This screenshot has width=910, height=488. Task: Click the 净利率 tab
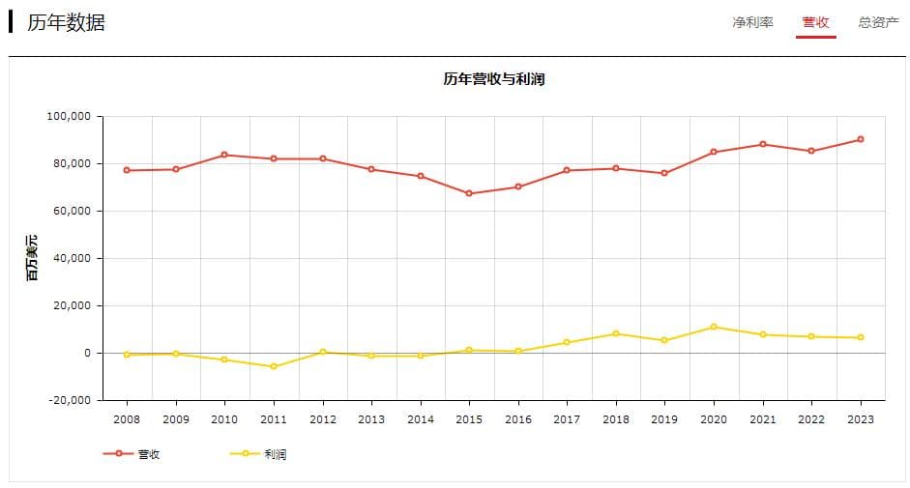coord(752,22)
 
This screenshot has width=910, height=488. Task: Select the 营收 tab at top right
coord(815,22)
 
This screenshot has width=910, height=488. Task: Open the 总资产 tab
coord(878,22)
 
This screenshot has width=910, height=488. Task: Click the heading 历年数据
coord(66,22)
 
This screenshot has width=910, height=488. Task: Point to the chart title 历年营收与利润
coord(494,79)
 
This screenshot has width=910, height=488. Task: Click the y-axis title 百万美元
coord(32,258)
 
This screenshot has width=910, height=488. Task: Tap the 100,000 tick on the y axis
coord(69,116)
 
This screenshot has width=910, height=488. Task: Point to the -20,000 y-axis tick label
coord(69,400)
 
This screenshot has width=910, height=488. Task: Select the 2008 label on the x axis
coord(127,419)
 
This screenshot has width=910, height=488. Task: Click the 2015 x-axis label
coord(469,419)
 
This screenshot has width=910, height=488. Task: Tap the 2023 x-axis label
coord(860,419)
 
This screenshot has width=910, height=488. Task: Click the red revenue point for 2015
coord(469,193)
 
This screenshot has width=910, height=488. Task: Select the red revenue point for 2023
coord(860,139)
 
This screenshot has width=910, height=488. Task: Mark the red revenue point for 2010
coord(224,155)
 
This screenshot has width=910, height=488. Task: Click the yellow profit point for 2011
coord(274,366)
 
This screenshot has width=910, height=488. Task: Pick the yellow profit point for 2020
coord(714,327)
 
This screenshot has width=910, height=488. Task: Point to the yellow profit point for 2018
coord(616,333)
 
